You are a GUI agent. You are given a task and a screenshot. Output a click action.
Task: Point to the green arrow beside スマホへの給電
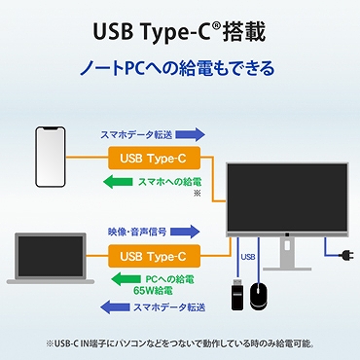pyautogui.click(x=124, y=181)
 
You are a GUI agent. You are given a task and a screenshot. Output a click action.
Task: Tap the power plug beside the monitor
pyautogui.click(x=342, y=258)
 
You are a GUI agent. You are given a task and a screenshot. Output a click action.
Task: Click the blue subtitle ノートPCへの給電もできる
pyautogui.click(x=179, y=68)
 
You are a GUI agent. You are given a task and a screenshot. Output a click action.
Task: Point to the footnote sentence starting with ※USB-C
pyautogui.click(x=180, y=342)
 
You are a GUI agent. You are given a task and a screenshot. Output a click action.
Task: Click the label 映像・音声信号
pyautogui.click(x=136, y=233)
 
